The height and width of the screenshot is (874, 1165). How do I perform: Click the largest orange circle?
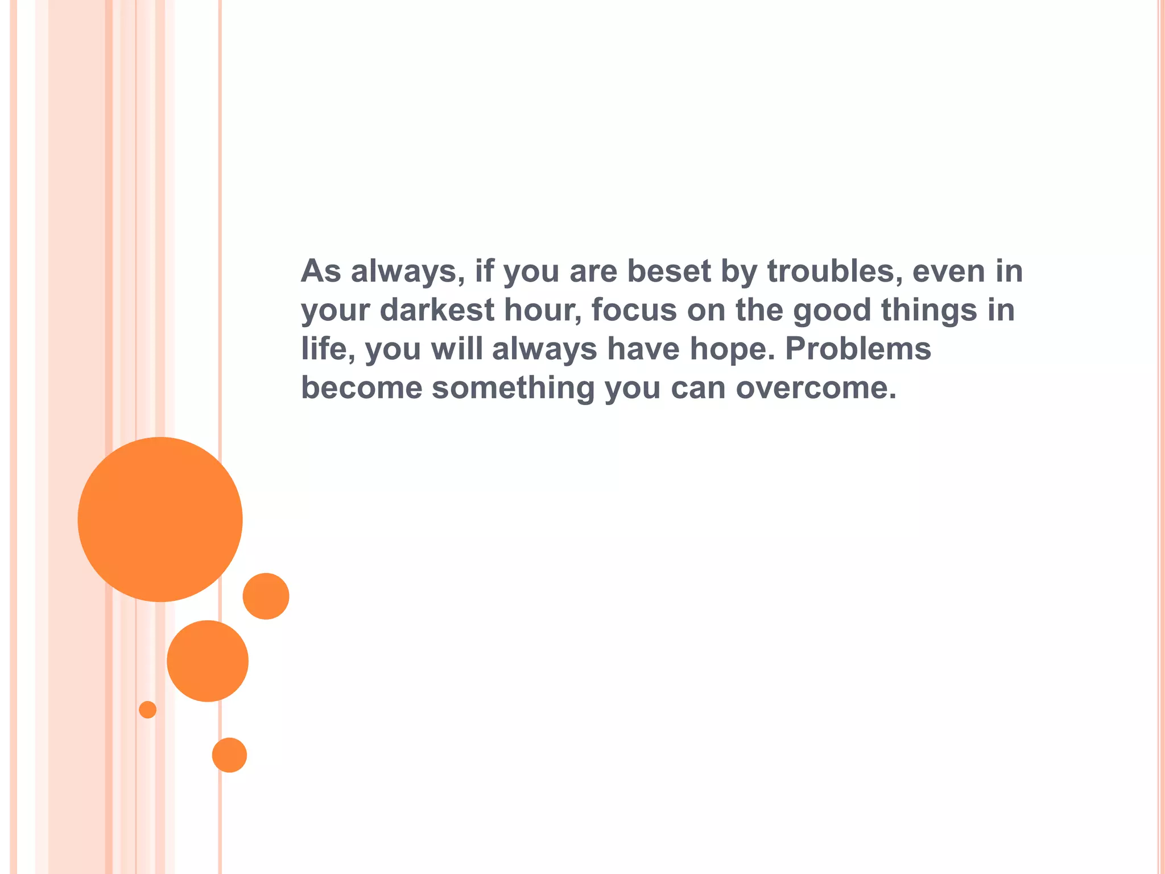click(x=160, y=519)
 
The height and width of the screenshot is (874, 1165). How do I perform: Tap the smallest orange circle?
click(x=147, y=710)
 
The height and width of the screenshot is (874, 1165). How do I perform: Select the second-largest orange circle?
click(x=208, y=661)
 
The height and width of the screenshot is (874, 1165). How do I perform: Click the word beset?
click(x=669, y=271)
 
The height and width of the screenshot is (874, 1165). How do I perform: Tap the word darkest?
click(x=437, y=310)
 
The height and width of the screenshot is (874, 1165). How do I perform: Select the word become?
click(x=362, y=387)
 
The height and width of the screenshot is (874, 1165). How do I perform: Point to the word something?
click(x=513, y=387)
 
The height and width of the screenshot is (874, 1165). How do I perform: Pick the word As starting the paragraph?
click(x=321, y=271)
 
